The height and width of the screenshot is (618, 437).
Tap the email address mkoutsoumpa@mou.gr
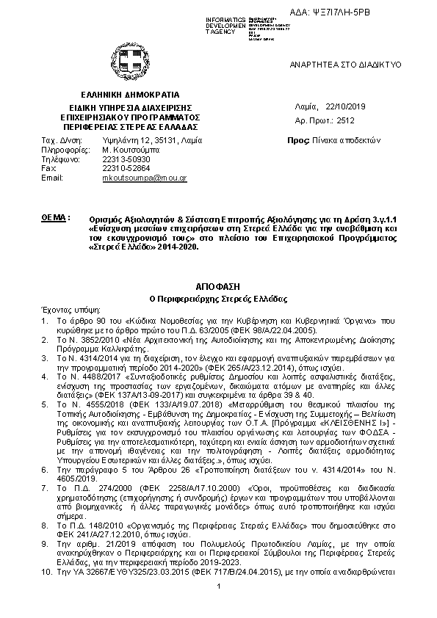tap(144, 178)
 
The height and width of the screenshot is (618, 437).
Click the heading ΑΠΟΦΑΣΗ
tap(218, 283)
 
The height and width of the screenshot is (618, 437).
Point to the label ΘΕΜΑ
tap(57, 218)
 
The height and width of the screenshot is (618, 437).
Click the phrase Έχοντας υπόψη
tap(67, 310)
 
